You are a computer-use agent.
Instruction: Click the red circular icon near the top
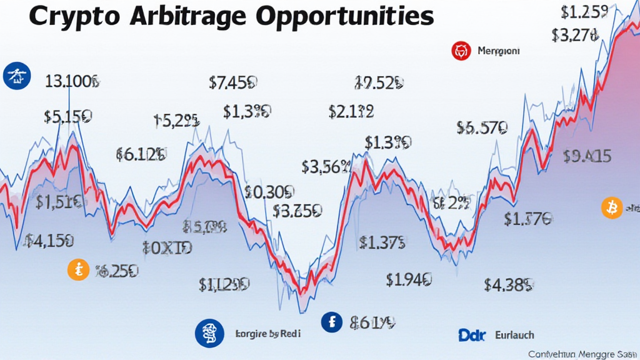tap(461, 51)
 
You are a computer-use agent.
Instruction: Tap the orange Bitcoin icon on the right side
tap(612, 207)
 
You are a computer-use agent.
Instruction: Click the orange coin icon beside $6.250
tap(78, 271)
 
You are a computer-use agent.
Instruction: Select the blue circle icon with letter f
tap(332, 322)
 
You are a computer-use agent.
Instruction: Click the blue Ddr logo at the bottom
tap(472, 336)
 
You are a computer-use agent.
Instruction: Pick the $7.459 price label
tap(235, 82)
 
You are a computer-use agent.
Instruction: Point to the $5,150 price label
tap(69, 116)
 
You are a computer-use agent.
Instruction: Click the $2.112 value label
tap(351, 111)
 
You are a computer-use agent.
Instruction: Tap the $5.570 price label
tap(481, 128)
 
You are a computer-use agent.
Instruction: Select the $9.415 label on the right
tap(587, 156)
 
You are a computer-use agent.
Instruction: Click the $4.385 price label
tap(509, 285)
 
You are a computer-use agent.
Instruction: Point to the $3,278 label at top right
tap(579, 36)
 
